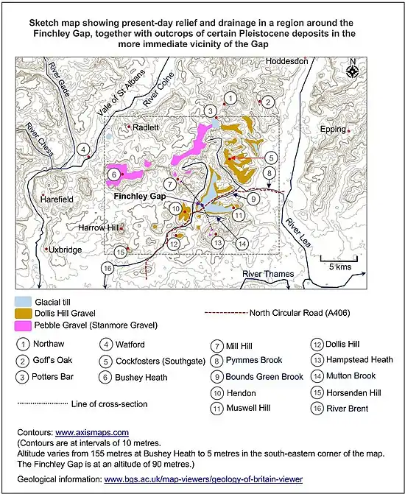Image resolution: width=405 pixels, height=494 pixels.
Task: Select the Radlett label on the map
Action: tap(146, 126)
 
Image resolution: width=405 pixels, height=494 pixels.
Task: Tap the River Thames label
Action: tap(269, 274)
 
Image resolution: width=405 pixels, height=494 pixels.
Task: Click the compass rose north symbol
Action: tap(352, 71)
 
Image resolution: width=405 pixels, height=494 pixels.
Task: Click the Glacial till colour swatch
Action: tap(24, 301)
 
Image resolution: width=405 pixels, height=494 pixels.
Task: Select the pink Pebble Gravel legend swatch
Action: tap(24, 325)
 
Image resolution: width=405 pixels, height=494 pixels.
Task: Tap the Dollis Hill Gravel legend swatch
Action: tap(24, 313)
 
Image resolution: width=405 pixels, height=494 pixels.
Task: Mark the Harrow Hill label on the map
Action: tap(98, 227)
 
